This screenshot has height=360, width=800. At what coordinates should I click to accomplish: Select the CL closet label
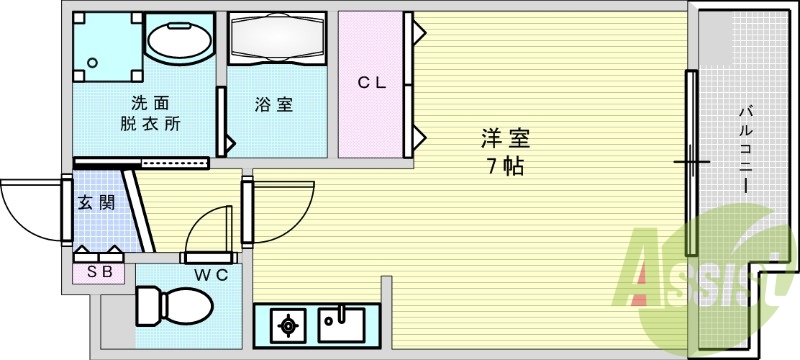372,84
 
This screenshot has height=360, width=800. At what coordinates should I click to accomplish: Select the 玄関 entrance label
96,203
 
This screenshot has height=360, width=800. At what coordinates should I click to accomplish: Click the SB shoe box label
98,270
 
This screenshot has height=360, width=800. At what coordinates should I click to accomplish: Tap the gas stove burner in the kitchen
288,324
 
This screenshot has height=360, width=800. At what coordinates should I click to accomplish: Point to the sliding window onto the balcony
690,160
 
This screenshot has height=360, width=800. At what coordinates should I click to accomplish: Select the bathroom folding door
221,121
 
